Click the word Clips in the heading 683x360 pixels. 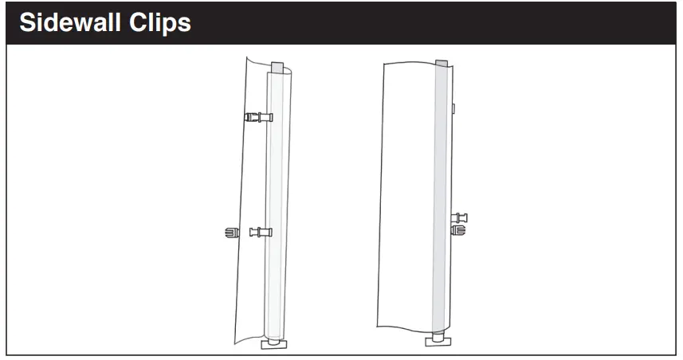point(160,22)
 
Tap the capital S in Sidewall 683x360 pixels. point(27,22)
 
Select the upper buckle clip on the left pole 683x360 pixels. point(258,118)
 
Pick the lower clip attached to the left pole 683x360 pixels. point(261,233)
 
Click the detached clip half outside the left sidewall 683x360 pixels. point(232,233)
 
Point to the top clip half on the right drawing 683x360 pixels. point(459,217)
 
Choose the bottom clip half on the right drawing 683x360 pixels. point(459,230)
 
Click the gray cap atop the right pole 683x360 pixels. point(441,63)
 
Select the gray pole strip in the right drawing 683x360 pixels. point(439,199)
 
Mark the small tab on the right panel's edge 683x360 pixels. point(453,106)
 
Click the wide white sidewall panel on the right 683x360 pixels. point(406,199)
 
